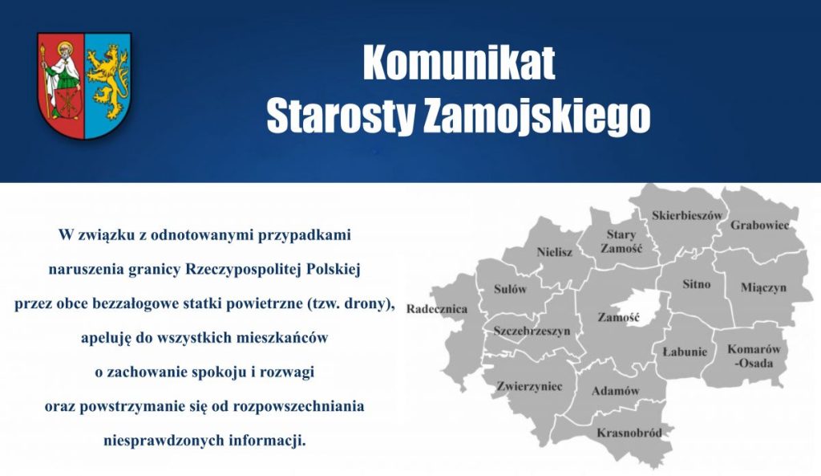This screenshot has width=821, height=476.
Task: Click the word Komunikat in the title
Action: [x=459, y=63]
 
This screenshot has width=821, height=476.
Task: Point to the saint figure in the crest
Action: [x=61, y=76]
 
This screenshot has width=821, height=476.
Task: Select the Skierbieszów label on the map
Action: [x=687, y=215]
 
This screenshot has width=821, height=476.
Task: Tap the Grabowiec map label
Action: [x=759, y=225]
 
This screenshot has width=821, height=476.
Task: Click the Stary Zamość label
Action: [x=621, y=242]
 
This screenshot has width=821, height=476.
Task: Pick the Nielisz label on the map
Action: [x=554, y=252]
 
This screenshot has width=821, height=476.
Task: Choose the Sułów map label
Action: [x=510, y=289]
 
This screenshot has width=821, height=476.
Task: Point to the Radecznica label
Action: [x=437, y=309]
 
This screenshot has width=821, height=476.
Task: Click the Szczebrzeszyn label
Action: [x=532, y=331]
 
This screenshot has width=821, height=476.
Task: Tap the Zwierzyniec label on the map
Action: [x=529, y=386]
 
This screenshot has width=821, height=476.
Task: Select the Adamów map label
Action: [x=615, y=391]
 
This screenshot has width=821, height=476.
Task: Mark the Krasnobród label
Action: [x=629, y=433]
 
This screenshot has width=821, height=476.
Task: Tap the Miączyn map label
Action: [x=763, y=287]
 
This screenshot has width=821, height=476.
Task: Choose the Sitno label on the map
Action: [x=696, y=284]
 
